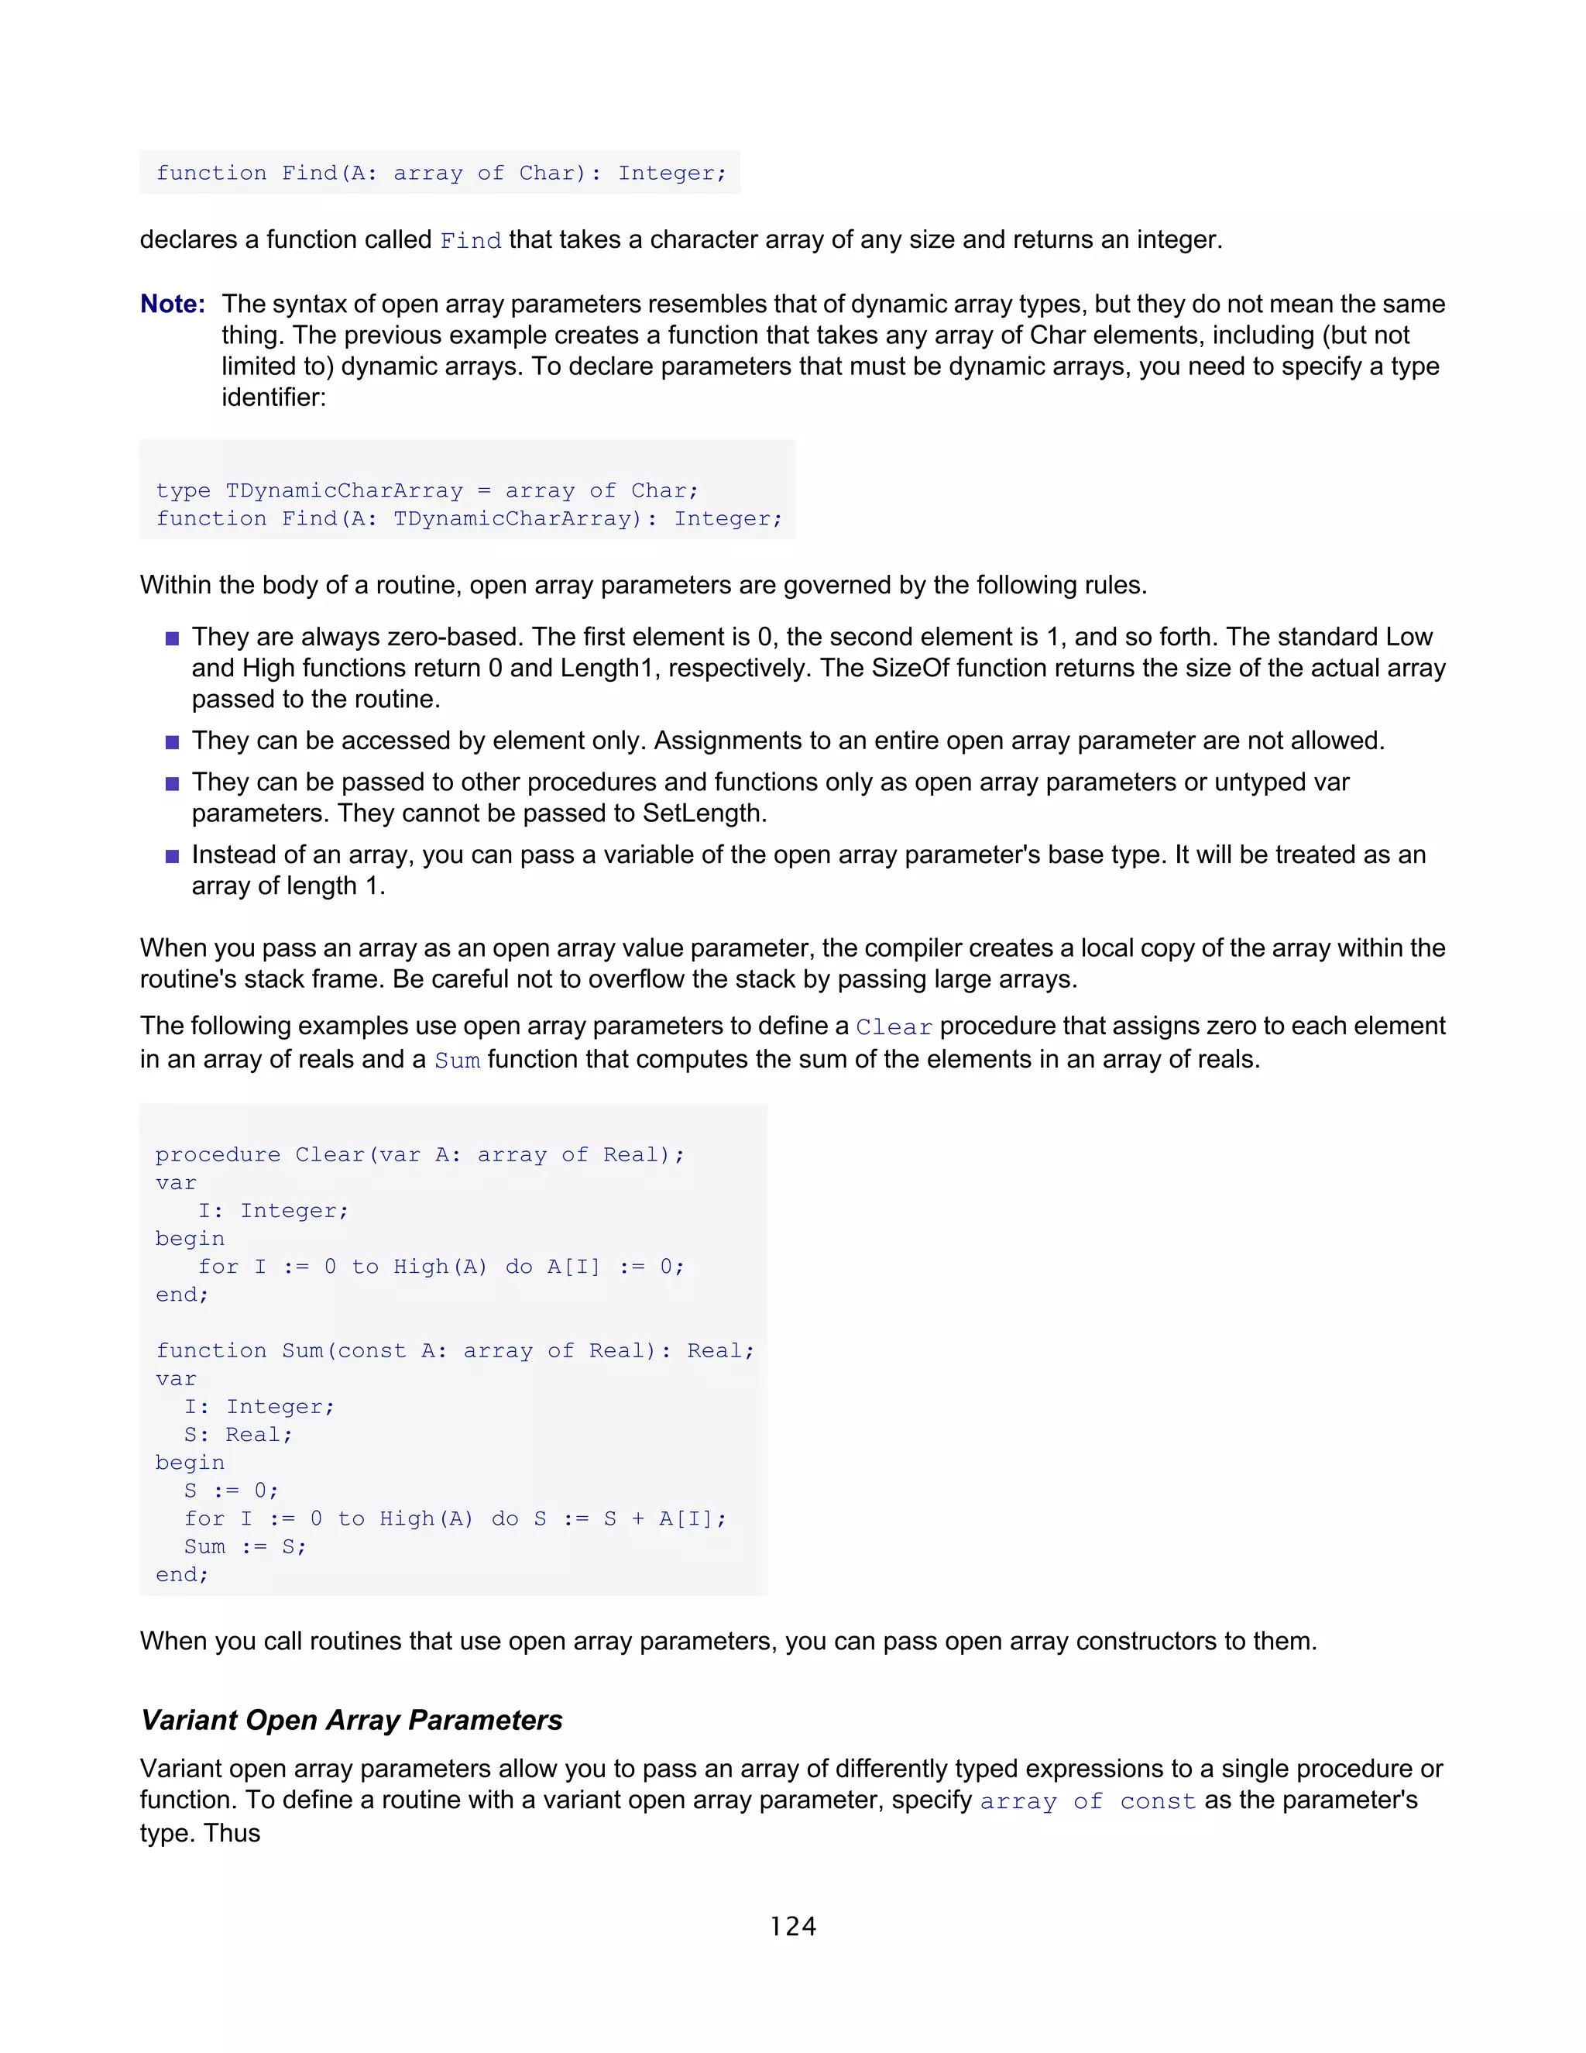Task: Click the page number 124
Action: tap(792, 1926)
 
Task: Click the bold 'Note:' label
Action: tap(173, 304)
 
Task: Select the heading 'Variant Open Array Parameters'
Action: tap(352, 1719)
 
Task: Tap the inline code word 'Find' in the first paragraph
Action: tap(471, 241)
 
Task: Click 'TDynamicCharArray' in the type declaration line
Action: tap(344, 490)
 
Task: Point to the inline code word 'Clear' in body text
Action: tap(894, 1026)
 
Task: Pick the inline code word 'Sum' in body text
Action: tap(457, 1061)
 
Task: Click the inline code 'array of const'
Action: tap(1087, 1801)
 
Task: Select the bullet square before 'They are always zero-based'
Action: tap(172, 638)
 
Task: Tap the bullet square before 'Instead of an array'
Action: tap(172, 856)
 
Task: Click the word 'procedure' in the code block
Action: tap(218, 1154)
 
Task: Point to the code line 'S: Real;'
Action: tap(238, 1435)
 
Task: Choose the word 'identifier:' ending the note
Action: tap(273, 397)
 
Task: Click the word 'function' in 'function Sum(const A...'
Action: tap(211, 1351)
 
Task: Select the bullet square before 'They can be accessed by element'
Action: tap(172, 741)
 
